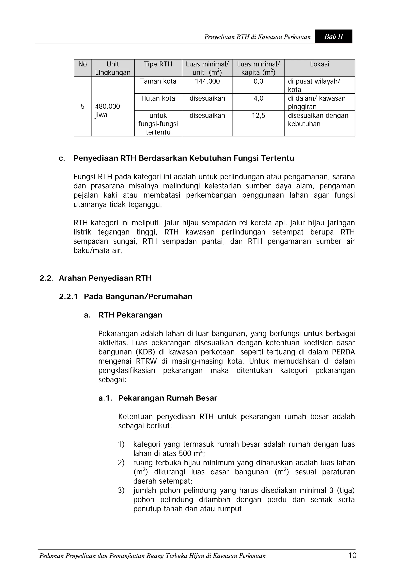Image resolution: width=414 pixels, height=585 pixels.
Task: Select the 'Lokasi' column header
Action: click(x=319, y=64)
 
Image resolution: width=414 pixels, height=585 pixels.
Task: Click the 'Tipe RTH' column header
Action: click(x=158, y=64)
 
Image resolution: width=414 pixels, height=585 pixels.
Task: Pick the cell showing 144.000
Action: click(x=207, y=81)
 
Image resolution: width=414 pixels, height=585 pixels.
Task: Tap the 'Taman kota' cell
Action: click(x=158, y=81)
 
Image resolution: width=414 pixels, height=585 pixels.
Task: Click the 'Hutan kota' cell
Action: click(x=158, y=98)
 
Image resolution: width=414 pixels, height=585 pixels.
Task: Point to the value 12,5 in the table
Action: click(x=258, y=116)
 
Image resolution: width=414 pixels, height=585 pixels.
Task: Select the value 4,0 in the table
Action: click(x=258, y=98)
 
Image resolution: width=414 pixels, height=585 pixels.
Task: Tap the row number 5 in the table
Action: click(x=82, y=106)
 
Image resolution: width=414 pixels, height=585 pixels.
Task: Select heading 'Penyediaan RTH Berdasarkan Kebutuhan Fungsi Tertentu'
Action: click(x=184, y=158)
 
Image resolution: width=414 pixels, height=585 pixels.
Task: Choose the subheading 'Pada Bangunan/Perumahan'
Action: click(x=138, y=297)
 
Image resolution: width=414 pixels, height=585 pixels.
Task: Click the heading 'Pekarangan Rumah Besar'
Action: click(x=168, y=398)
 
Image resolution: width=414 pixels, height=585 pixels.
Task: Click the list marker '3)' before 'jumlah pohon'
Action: click(x=121, y=490)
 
